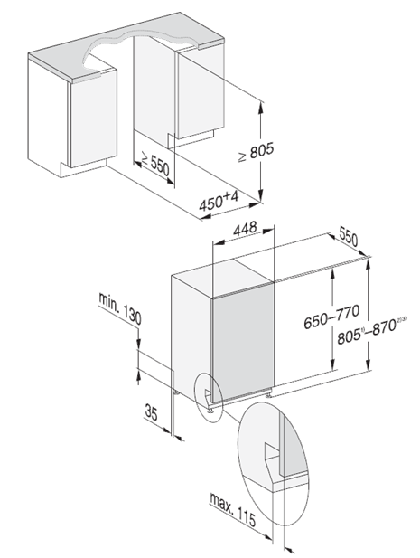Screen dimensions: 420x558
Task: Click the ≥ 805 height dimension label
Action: (257, 152)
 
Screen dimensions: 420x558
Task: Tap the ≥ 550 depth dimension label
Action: (155, 164)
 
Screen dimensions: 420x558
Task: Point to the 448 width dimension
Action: (245, 229)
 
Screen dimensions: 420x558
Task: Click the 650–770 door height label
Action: (331, 317)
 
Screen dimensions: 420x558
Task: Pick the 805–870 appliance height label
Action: (372, 330)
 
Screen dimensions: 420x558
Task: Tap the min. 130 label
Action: (120, 308)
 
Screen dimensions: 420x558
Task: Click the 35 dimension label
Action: (151, 412)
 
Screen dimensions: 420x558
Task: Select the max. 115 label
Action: (233, 509)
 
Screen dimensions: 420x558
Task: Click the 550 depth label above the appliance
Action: (349, 236)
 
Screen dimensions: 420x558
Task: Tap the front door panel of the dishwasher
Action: (243, 343)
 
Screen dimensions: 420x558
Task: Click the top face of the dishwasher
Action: (223, 278)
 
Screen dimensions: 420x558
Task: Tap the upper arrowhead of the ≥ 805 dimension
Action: (261, 107)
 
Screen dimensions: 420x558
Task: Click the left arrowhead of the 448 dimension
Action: (218, 243)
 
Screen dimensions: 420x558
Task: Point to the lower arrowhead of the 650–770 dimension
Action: (332, 364)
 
